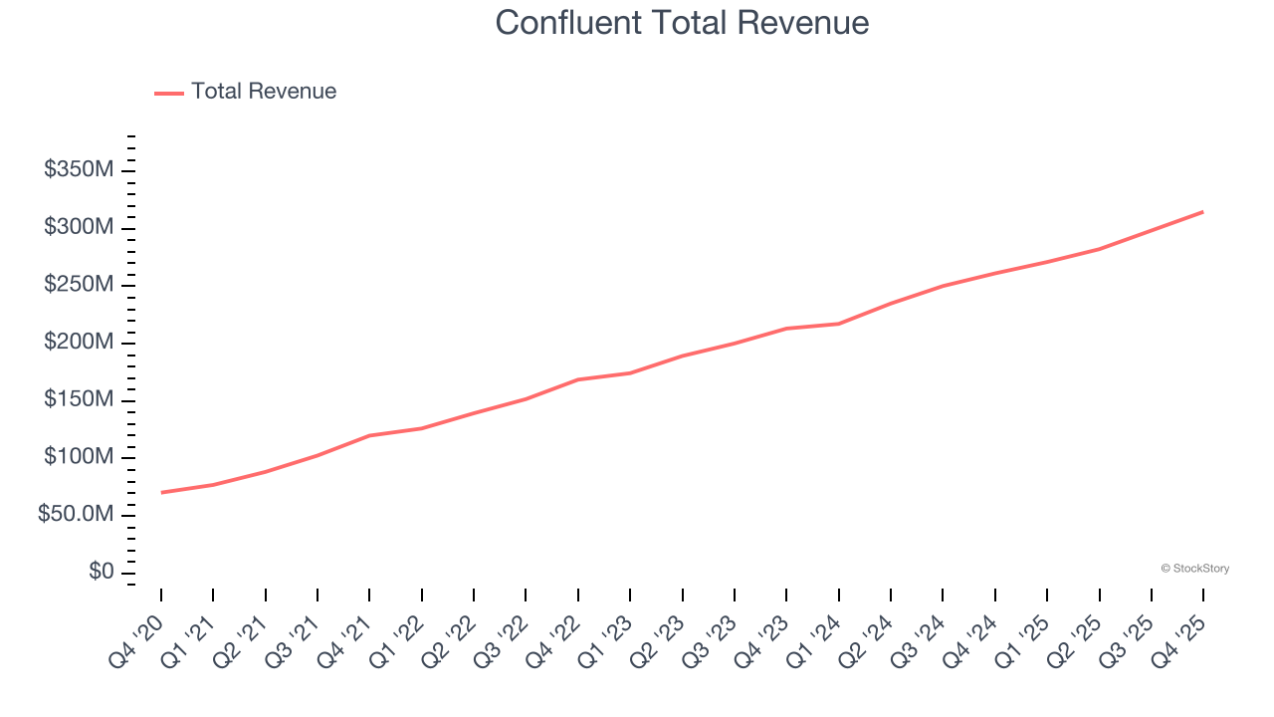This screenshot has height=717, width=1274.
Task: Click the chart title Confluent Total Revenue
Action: [x=682, y=23]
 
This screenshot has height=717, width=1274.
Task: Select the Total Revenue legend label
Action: [x=264, y=92]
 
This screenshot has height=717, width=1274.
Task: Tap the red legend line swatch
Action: [x=169, y=93]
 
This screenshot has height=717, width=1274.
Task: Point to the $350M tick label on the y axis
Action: [x=79, y=170]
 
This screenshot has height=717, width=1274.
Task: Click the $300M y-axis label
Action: [x=79, y=228]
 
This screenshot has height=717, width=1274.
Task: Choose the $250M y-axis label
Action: [x=79, y=285]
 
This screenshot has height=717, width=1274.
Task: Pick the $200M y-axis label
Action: [x=79, y=343]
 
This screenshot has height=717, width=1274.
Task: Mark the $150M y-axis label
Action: [x=79, y=400]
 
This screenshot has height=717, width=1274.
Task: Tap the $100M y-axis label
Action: [x=79, y=457]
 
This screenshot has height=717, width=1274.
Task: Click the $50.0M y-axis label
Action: [x=77, y=515]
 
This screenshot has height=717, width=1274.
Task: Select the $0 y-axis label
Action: [x=101, y=573]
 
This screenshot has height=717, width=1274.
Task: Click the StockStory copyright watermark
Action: [x=1194, y=569]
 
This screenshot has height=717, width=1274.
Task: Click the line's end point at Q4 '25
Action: [x=1202, y=211]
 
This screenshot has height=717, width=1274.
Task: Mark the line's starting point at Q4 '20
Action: [x=161, y=492]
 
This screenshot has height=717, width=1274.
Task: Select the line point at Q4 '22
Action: [x=578, y=379]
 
